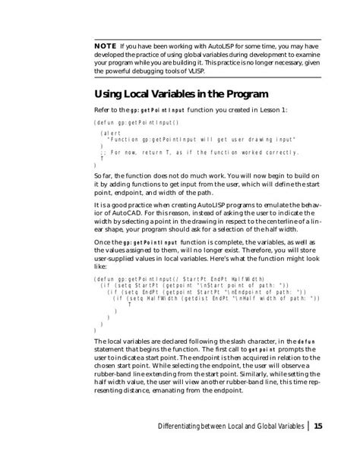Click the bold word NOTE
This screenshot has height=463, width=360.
point(104,45)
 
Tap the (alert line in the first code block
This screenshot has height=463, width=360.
point(111,132)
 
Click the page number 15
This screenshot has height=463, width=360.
point(318,426)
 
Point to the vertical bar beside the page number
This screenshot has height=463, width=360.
point(308,426)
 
